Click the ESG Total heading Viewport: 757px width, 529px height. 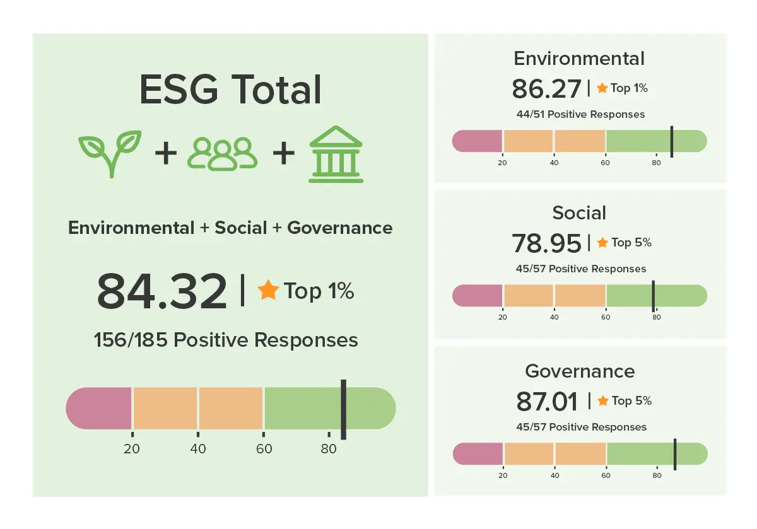coord(230,90)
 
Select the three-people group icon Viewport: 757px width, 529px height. coord(222,154)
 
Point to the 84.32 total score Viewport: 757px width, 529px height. coord(162,292)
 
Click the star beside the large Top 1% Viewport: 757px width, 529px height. coord(268,291)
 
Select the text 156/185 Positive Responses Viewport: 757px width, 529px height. coord(226,340)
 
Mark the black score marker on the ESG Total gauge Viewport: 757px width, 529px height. coord(343,409)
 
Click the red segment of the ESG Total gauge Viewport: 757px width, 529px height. coord(100,409)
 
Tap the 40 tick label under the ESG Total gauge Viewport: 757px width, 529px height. coord(198,449)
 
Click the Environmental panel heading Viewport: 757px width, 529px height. coord(579,59)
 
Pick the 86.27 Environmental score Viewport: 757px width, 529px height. coord(546,89)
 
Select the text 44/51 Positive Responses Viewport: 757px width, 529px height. coord(580,115)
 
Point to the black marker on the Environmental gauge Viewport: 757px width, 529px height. coord(672,141)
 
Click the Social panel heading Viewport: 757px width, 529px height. coord(579,212)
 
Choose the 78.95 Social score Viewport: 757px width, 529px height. coord(546,243)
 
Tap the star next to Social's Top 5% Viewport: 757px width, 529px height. coord(602,243)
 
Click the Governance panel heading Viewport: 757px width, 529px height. coord(580,371)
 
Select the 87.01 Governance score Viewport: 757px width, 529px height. coord(547,401)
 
